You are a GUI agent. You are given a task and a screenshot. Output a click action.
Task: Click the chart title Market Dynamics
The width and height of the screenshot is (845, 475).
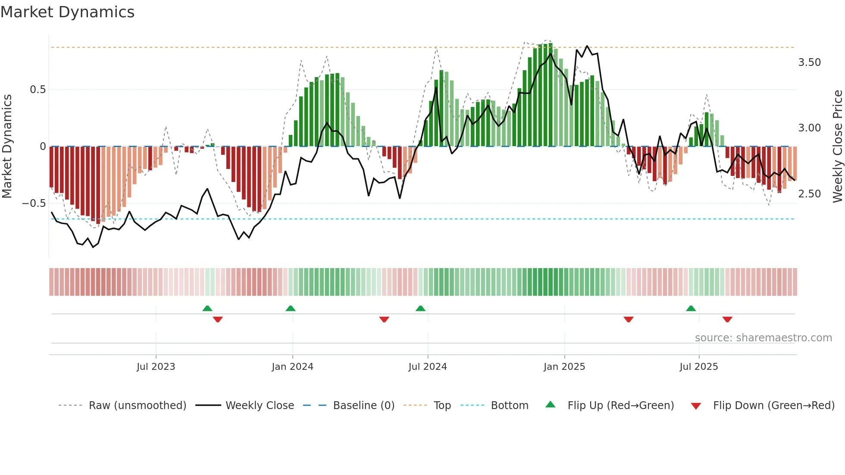[x=67, y=12]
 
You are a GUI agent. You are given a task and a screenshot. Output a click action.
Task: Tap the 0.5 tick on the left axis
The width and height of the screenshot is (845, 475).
[x=38, y=90]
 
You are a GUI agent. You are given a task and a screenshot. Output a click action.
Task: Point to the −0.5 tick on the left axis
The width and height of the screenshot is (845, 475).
[x=34, y=203]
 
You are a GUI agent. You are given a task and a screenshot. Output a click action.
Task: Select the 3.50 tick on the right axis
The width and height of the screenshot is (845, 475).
[x=809, y=62]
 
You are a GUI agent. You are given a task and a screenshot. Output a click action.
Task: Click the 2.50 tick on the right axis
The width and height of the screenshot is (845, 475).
[x=809, y=194]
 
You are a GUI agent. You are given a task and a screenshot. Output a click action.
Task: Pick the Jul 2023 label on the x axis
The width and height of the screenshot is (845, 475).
[x=156, y=367]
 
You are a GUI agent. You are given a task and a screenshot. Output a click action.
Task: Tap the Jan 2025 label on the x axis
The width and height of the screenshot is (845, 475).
[x=564, y=367]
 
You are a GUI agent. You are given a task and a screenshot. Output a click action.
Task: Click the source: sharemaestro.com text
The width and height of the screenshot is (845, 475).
[x=763, y=338]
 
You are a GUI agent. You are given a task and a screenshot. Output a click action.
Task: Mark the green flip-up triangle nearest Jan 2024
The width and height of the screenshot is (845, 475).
[x=291, y=309]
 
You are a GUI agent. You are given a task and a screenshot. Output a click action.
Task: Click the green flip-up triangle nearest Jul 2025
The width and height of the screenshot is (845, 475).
[x=691, y=309]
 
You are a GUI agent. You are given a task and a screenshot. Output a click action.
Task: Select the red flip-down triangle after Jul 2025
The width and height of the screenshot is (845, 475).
[x=727, y=319]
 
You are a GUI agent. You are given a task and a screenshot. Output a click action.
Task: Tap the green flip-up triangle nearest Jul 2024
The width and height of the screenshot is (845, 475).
[x=420, y=309]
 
